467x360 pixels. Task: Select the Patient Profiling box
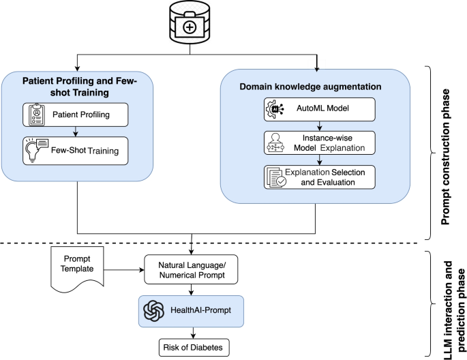[80, 114]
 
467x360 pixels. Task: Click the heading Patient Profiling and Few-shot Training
[80, 87]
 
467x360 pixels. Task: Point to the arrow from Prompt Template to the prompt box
[127, 269]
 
